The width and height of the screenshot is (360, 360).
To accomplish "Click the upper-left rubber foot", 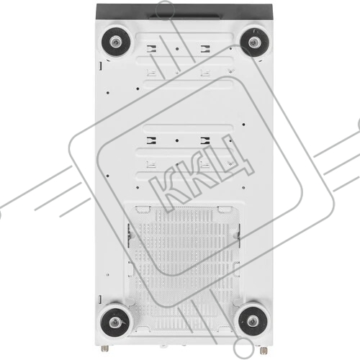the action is pos(116,42).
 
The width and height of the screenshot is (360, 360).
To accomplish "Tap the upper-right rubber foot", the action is pos(254,42).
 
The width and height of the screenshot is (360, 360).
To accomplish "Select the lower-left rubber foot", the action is pos(115,323).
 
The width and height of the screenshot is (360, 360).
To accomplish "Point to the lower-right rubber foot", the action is pos(253,321).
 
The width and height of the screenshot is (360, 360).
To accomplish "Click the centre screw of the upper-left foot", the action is pos(116,43).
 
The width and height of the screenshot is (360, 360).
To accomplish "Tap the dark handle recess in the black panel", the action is pos(184,17).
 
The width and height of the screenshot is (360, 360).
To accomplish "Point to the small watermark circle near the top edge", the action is pos(165,9).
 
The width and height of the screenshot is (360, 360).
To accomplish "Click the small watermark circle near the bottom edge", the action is pos(244,347).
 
